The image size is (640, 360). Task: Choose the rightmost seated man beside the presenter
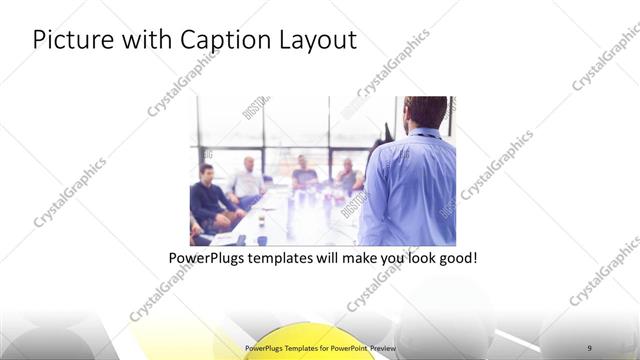(x=348, y=174)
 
